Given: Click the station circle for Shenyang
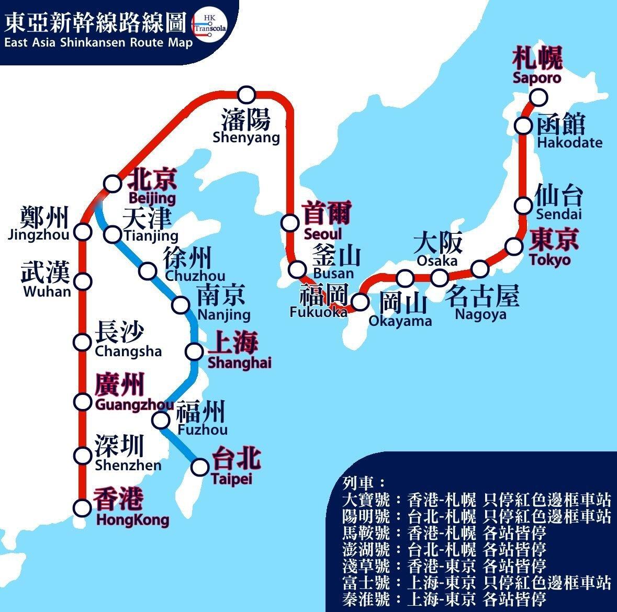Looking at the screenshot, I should tap(246, 95).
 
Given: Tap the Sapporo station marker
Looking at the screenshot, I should tap(538, 97).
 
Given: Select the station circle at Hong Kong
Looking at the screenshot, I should tap(82, 507).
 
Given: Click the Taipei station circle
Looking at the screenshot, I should tap(200, 467).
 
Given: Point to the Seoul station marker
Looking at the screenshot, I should tap(289, 222).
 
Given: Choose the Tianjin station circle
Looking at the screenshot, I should tap(113, 234).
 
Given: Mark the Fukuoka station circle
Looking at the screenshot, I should tap(360, 301).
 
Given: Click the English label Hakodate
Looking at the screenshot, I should tap(569, 142).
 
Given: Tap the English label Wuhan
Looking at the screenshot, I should tap(47, 291).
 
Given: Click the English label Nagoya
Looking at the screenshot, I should tap(480, 314).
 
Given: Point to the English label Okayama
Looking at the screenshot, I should tap(400, 321).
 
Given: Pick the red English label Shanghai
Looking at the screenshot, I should tap(240, 362).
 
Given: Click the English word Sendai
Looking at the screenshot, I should tap(558, 214).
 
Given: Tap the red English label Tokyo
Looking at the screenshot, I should tap(549, 259).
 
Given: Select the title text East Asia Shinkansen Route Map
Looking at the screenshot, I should tap(98, 42).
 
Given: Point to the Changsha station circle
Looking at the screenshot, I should tap(82, 342).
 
